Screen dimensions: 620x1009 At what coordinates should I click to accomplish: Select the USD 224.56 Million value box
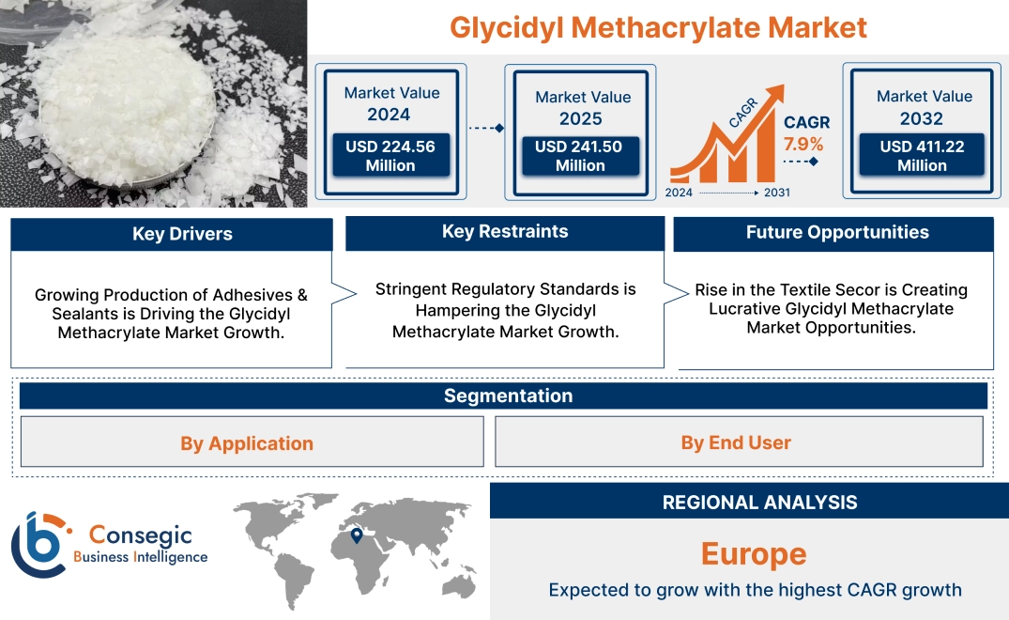coord(390,156)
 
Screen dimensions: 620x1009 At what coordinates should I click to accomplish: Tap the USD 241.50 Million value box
coord(580,156)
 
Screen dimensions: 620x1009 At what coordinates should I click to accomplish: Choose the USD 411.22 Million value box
coord(922,156)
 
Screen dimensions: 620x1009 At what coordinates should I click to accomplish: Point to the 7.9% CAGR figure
coord(803,144)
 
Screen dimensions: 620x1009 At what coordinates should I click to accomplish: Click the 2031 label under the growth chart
coord(776,193)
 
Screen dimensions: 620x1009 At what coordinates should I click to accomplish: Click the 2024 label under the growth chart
coord(680,193)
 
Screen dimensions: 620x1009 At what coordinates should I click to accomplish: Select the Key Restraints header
coord(505,232)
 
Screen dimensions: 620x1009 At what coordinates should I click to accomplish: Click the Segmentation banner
coord(508,395)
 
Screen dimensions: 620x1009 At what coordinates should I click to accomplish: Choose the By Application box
coord(247,443)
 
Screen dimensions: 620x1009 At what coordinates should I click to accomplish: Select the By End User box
coord(736,442)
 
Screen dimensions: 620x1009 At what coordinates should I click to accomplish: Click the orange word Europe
coord(754,554)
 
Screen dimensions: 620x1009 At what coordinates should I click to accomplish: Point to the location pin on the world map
coord(357,535)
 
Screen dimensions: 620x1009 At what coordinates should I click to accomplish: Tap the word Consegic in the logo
coord(140,535)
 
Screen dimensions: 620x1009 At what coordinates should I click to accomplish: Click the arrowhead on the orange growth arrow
coord(775,95)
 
